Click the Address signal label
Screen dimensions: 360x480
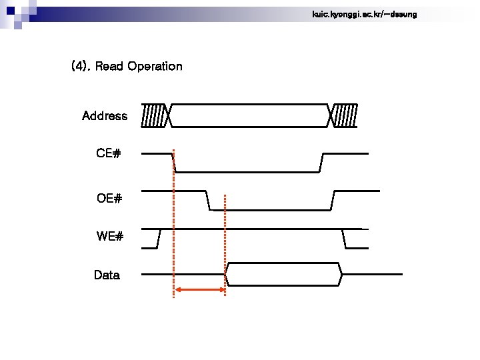point(105,116)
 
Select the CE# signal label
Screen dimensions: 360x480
point(108,153)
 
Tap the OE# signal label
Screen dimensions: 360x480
point(109,198)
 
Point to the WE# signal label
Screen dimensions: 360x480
point(109,236)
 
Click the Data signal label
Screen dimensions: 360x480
point(107,275)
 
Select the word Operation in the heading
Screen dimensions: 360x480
point(155,66)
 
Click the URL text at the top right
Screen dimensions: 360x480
point(364,14)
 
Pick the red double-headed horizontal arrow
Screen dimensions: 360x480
point(199,289)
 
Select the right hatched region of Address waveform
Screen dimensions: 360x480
point(345,115)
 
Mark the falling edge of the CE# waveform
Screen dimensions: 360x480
point(174,162)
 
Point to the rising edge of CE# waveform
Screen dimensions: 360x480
point(321,162)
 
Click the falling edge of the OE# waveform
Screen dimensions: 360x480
point(208,200)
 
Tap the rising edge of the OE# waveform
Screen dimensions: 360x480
point(332,200)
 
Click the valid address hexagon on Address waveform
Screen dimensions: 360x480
point(250,115)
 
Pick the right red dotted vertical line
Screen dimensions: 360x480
point(225,240)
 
